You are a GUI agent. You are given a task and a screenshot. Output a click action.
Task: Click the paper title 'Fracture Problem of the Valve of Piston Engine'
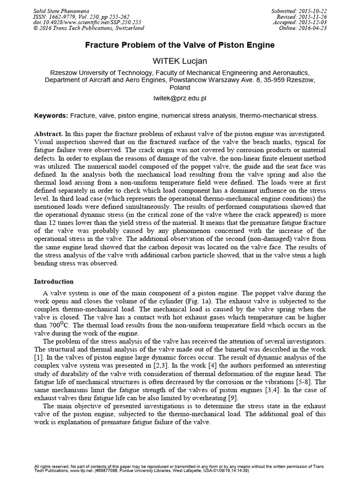(x=180, y=45)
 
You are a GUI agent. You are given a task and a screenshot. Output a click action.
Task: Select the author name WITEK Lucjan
(x=180, y=61)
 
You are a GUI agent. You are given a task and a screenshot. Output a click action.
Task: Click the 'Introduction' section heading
(x=54, y=282)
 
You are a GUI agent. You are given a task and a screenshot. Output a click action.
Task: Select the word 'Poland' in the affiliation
(x=180, y=87)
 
